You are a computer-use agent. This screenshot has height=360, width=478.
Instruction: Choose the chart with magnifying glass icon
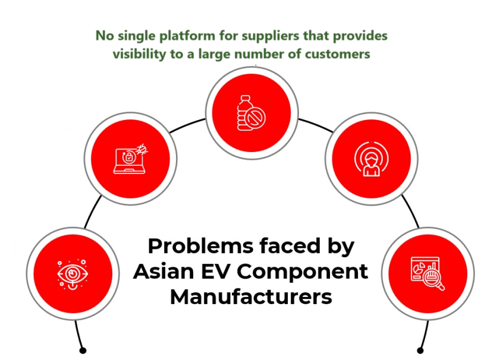coord(426,273)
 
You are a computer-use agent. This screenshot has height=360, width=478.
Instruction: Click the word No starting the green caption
coord(105,36)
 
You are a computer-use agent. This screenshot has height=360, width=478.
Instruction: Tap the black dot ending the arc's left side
coord(83,350)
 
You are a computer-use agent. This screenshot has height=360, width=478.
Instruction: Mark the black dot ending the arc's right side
coord(420,350)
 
